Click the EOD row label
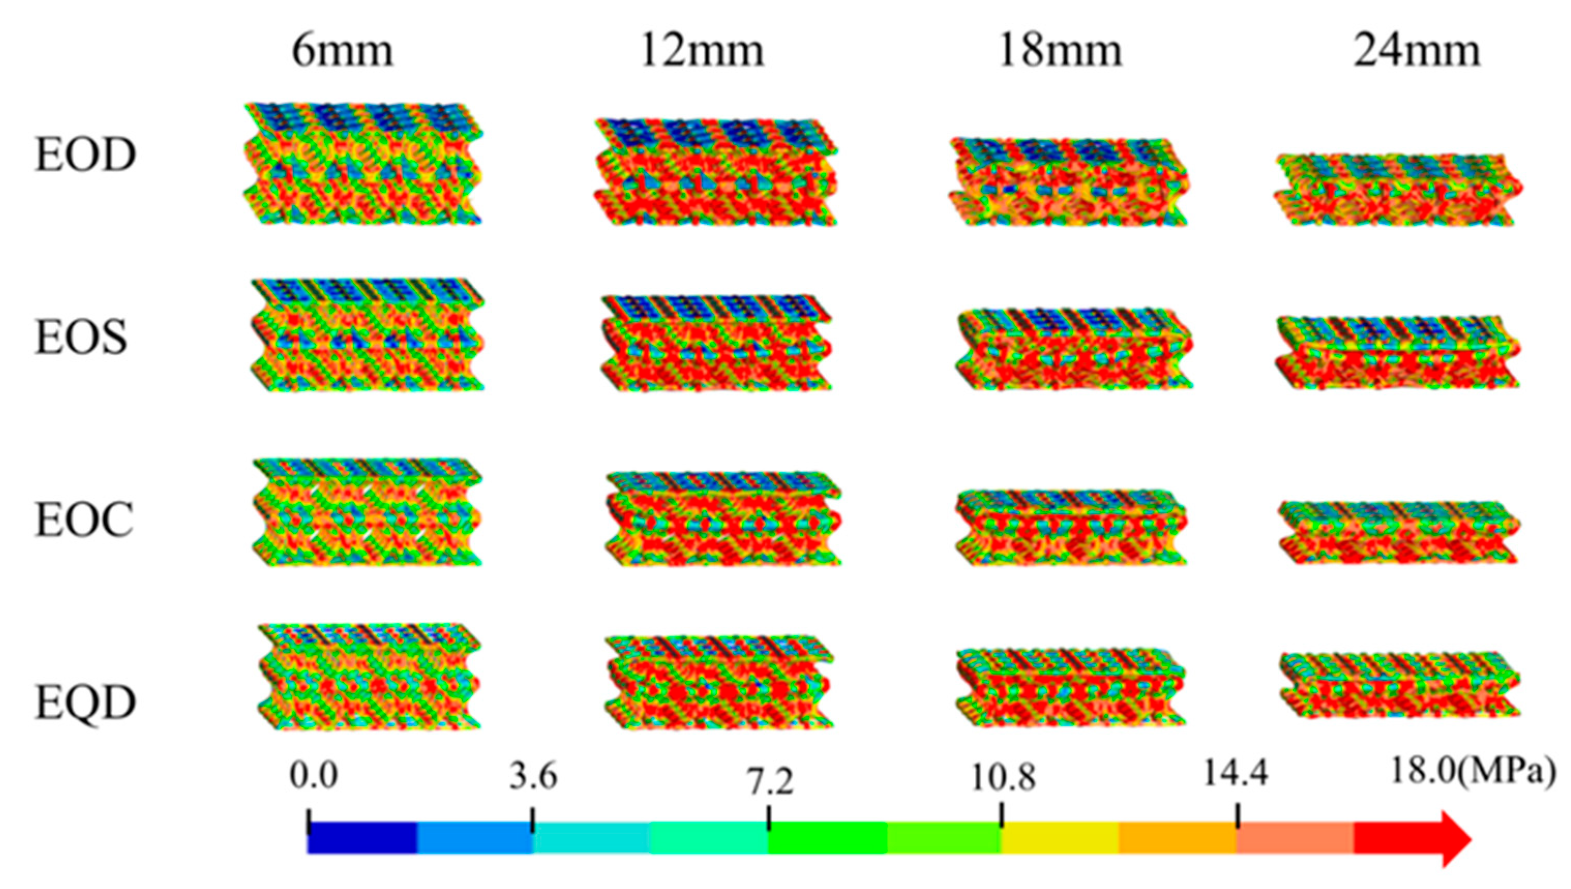tap(85, 155)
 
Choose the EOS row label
tap(81, 338)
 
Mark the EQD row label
tap(85, 702)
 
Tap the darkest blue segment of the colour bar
tap(362, 838)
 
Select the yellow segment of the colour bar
tap(1060, 838)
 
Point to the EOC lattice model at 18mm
tap(1070, 528)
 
